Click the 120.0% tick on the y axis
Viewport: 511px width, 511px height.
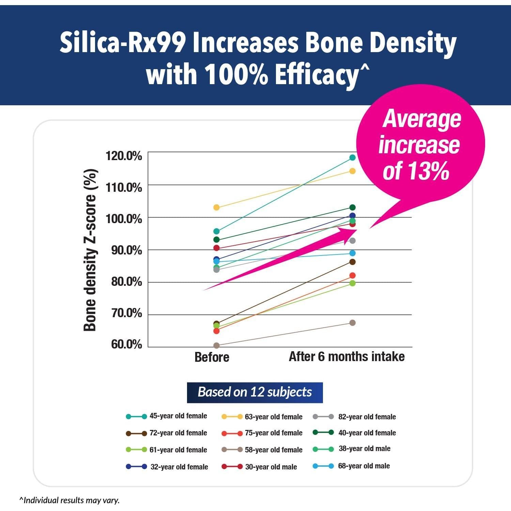pyautogui.click(x=124, y=156)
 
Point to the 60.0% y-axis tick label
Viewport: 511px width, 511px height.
pyautogui.click(x=126, y=344)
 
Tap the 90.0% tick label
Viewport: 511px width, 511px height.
pyautogui.click(x=126, y=250)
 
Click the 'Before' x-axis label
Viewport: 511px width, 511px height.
pyautogui.click(x=212, y=357)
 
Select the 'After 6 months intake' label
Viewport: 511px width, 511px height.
pyautogui.click(x=346, y=357)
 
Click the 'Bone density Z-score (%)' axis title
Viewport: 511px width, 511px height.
pyautogui.click(x=90, y=250)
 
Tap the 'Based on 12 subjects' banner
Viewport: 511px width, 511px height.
pyautogui.click(x=254, y=392)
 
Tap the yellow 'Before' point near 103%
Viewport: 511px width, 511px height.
pyautogui.click(x=216, y=207)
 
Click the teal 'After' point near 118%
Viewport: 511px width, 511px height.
pyautogui.click(x=352, y=157)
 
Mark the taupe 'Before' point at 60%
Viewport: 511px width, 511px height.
pyautogui.click(x=216, y=345)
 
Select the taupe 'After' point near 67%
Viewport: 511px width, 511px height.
pyautogui.click(x=352, y=323)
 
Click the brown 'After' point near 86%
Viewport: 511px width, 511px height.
pyautogui.click(x=352, y=262)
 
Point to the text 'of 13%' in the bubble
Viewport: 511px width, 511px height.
pyautogui.click(x=416, y=171)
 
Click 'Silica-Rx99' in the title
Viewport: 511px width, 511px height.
pyautogui.click(x=123, y=43)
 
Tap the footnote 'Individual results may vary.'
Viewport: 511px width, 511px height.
pyautogui.click(x=70, y=500)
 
